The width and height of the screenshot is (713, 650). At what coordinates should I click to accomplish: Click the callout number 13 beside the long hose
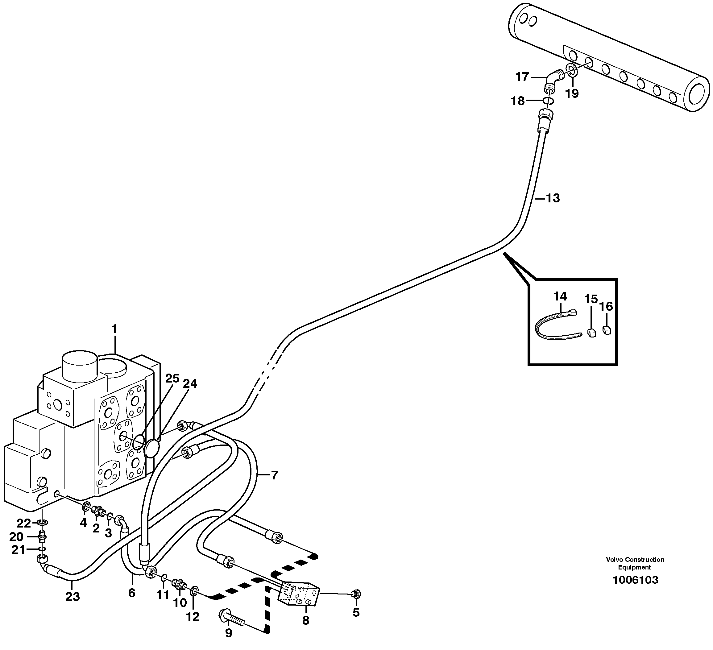pyautogui.click(x=553, y=198)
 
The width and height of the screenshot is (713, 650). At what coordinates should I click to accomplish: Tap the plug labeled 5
pyautogui.click(x=357, y=594)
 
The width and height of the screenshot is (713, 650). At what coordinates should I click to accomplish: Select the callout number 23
pyautogui.click(x=73, y=597)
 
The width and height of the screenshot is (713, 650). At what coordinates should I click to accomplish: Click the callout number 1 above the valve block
pyautogui.click(x=114, y=329)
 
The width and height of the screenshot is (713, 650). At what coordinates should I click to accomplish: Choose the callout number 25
pyautogui.click(x=172, y=379)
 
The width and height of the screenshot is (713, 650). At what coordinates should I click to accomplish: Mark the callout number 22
pyautogui.click(x=24, y=522)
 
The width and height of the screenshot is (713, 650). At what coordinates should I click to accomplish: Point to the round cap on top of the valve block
pyautogui.click(x=80, y=365)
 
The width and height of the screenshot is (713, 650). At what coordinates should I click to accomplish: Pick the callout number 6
pyautogui.click(x=131, y=593)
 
